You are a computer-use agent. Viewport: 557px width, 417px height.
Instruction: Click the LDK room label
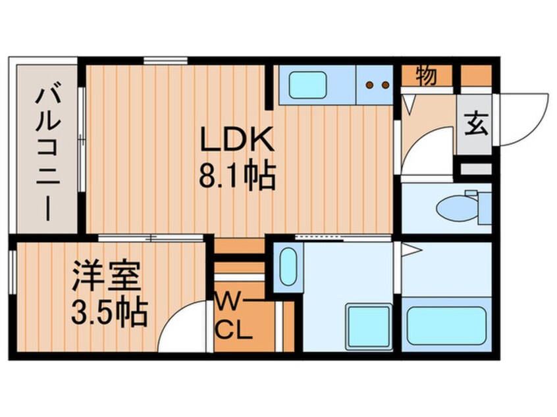click(x=236, y=139)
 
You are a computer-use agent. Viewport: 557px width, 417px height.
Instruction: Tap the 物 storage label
click(x=426, y=76)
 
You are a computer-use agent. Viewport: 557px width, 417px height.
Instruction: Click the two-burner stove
click(x=375, y=84)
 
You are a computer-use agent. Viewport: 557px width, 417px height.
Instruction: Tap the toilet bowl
click(x=458, y=207)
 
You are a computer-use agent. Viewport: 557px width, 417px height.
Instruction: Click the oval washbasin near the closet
click(x=288, y=266)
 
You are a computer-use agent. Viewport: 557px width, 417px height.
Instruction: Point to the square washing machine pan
click(x=368, y=324)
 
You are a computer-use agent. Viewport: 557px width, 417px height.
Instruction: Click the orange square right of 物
click(x=475, y=76)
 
